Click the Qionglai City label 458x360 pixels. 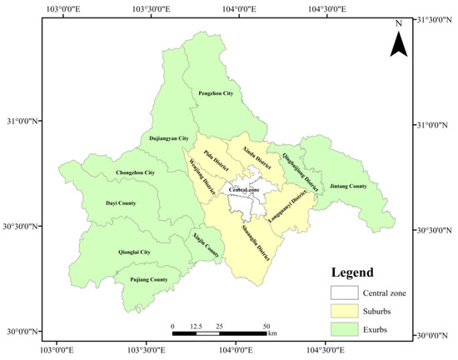pyautogui.click(x=133, y=252)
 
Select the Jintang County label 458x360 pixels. pyautogui.click(x=348, y=186)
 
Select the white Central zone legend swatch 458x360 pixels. pyautogui.click(x=342, y=292)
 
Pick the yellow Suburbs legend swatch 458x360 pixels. pyautogui.click(x=342, y=311)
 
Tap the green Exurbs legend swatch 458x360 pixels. pyautogui.click(x=342, y=328)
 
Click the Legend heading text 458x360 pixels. pyautogui.click(x=351, y=272)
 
